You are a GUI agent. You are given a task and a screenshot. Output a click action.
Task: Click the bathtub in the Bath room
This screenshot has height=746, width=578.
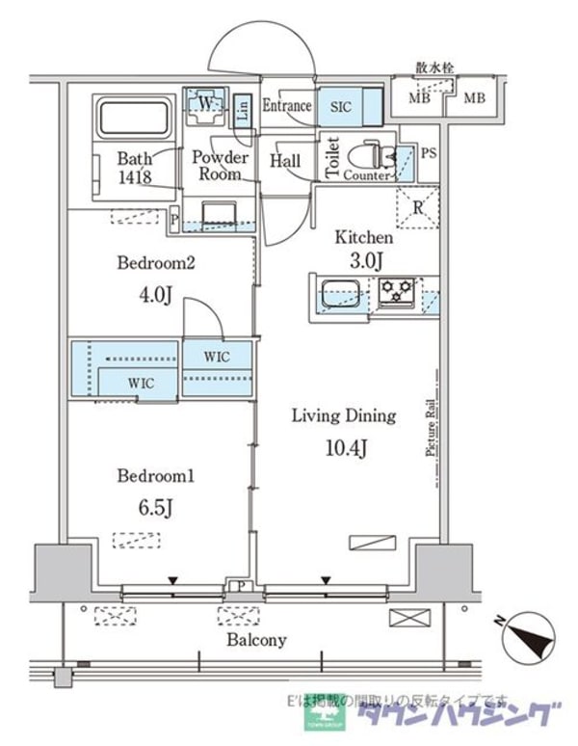(134, 118)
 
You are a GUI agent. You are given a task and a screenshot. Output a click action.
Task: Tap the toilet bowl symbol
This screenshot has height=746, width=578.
(369, 154)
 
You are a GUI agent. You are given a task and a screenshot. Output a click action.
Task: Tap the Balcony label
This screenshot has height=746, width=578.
(256, 640)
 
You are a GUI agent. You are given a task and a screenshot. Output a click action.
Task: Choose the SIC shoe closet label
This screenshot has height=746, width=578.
(342, 106)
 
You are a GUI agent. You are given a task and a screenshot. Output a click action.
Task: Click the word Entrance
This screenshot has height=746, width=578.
(287, 106)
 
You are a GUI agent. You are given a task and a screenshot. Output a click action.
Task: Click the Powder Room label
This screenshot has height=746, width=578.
(221, 166)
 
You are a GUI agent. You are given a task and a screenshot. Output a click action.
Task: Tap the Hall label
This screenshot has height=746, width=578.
(285, 161)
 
